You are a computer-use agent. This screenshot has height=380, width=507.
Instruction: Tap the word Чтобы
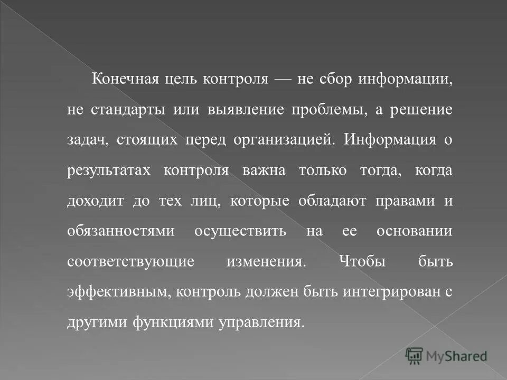coord(361,262)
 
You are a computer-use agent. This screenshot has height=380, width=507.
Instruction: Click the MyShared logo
coord(446,356)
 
